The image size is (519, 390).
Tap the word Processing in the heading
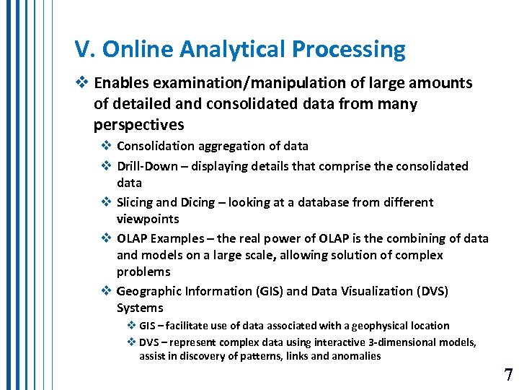tap(349, 51)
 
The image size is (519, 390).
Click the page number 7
tap(508, 375)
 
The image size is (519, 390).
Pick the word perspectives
tap(138, 125)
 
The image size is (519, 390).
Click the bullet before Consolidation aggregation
tap(106, 147)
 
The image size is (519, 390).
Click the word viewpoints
tap(148, 219)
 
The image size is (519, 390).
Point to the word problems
tap(143, 272)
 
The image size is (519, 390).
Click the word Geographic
tap(148, 291)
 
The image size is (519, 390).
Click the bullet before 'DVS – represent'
tap(132, 342)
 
